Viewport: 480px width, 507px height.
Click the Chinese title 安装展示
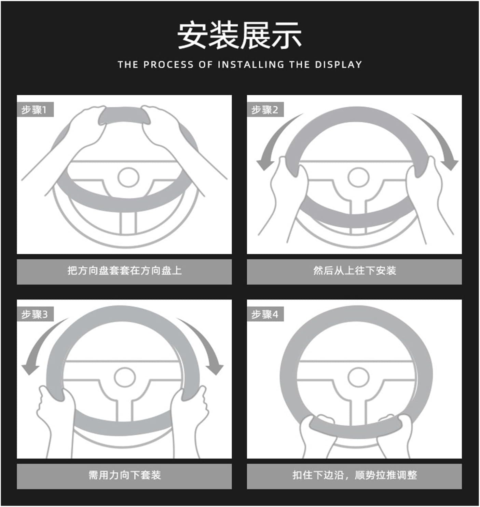tap(239, 35)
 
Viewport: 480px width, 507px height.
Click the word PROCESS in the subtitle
tap(168, 65)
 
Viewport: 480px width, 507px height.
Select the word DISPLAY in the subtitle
tap(339, 65)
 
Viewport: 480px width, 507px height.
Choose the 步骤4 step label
tap(265, 315)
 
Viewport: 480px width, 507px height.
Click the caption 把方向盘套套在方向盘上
tap(124, 270)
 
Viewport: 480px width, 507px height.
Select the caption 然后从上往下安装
tap(355, 270)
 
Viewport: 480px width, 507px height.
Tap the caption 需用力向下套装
tap(124, 475)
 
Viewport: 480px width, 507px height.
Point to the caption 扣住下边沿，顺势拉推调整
tap(355, 475)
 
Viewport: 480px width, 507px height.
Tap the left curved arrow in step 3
tap(39, 341)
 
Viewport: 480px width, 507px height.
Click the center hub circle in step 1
tap(128, 177)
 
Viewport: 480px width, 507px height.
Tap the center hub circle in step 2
tap(358, 177)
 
